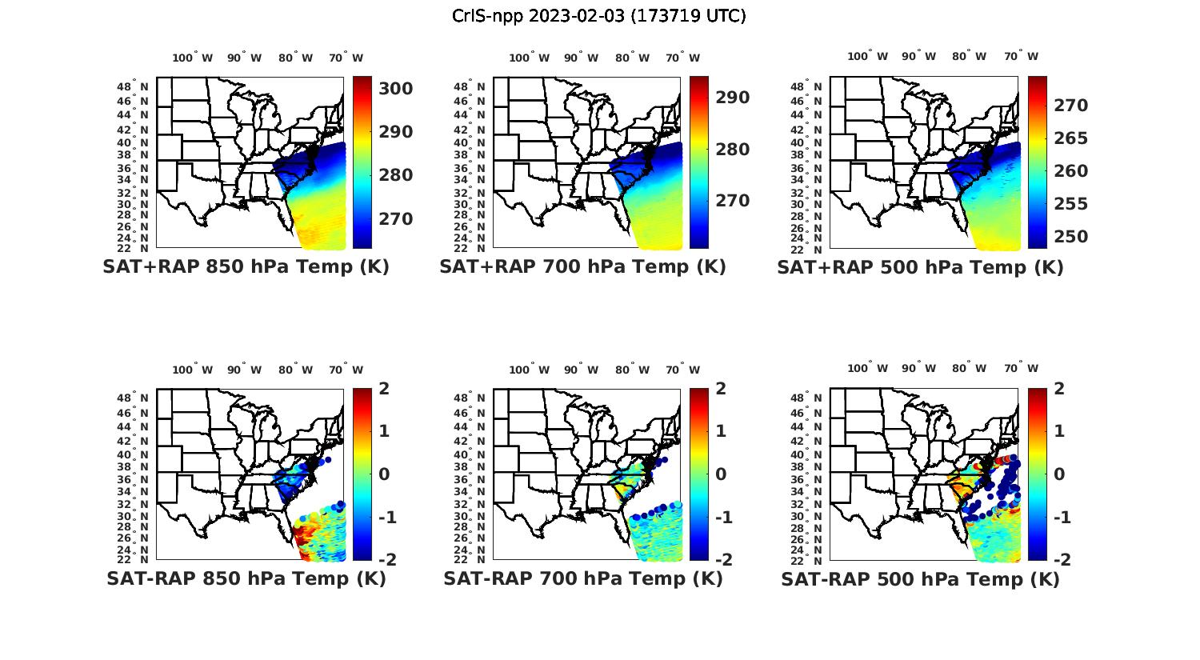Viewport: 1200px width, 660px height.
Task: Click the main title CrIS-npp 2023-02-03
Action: click(598, 16)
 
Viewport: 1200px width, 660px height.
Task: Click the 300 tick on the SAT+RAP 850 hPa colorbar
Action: click(395, 89)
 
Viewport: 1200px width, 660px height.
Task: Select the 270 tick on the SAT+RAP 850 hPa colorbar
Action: click(395, 219)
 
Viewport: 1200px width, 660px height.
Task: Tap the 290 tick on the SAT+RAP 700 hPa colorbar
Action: click(732, 98)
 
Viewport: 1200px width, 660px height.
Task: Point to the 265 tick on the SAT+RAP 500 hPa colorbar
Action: click(1070, 138)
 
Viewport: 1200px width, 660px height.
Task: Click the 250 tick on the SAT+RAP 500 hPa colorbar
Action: click(1070, 237)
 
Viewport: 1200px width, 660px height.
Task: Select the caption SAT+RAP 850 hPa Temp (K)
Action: click(246, 267)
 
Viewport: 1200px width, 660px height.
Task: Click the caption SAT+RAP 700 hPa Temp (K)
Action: click(582, 267)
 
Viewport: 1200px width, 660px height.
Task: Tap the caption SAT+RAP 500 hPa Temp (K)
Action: click(920, 267)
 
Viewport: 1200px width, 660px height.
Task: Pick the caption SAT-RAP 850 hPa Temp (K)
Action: click(246, 578)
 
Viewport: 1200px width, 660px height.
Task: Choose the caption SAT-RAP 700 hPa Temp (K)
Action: click(582, 578)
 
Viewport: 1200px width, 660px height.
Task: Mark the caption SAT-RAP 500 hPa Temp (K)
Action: click(920, 579)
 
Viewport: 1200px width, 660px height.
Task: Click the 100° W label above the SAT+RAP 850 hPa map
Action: click(193, 58)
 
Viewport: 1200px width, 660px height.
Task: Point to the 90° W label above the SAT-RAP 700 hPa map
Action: click(581, 370)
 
